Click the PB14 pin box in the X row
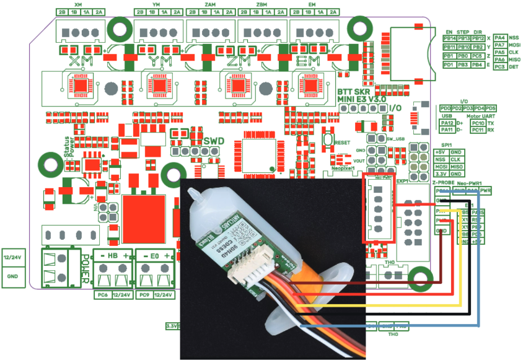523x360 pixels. [450, 38]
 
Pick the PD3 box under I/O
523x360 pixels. [468, 108]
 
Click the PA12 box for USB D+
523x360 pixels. [447, 123]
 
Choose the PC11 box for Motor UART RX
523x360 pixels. [477, 130]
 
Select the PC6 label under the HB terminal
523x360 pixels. [102, 295]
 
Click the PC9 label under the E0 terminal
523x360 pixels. [144, 295]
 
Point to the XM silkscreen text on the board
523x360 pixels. [82, 61]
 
